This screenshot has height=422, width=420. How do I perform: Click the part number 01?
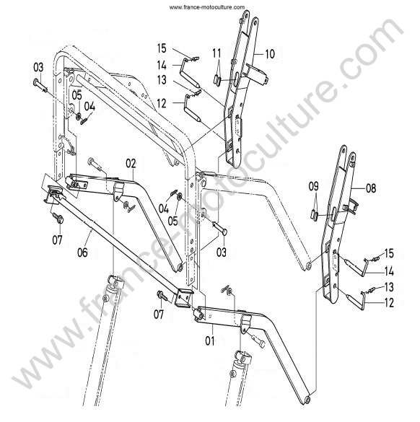(x=210, y=341)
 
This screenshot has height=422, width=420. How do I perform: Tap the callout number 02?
(x=131, y=164)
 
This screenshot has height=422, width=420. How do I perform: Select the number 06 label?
(x=83, y=252)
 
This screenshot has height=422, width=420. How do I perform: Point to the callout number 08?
(x=371, y=188)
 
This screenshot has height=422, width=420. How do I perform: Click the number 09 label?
(x=314, y=187)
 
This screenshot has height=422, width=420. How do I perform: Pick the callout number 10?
(x=270, y=54)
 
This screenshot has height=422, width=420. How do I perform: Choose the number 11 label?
(x=216, y=53)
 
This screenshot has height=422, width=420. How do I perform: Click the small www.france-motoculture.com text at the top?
(x=207, y=7)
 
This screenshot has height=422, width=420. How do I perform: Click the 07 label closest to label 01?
(x=159, y=314)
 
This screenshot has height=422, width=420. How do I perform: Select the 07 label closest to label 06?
(x=57, y=239)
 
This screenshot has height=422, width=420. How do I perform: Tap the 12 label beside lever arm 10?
(x=162, y=104)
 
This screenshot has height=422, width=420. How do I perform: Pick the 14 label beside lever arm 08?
(x=389, y=271)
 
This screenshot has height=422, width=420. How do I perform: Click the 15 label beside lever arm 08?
(x=389, y=253)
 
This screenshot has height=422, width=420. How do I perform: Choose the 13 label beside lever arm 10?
(x=162, y=80)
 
